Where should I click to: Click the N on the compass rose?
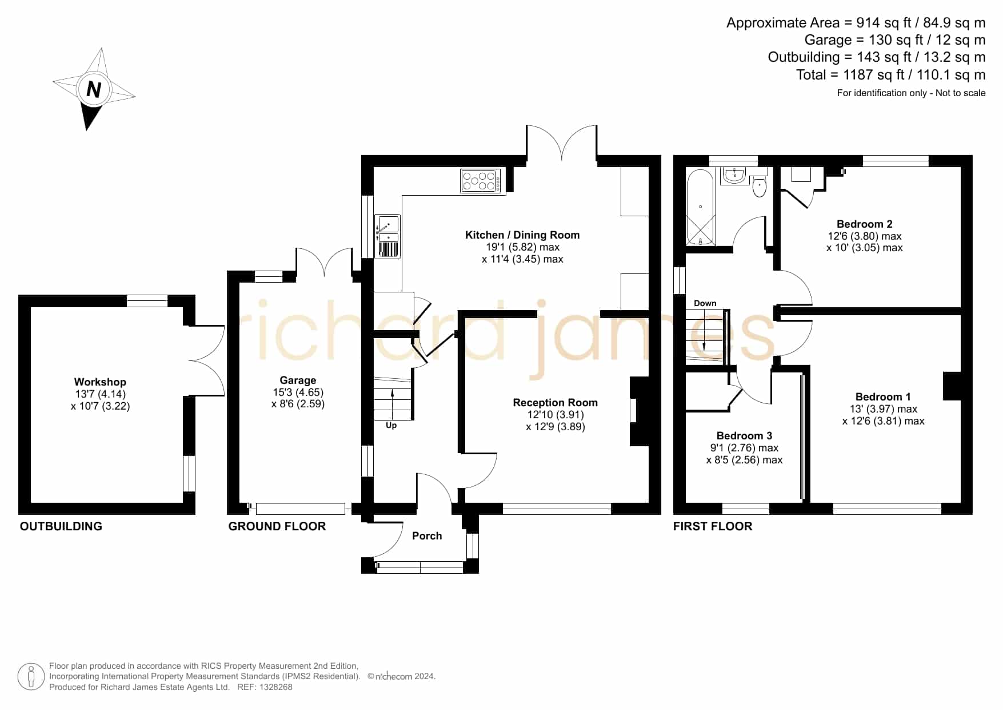[x=94, y=89]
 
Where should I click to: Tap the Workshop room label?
[x=100, y=382]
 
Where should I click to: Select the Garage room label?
[x=298, y=380]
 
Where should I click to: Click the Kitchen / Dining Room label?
[x=522, y=235]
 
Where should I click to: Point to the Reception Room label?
[x=555, y=402]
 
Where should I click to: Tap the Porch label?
[x=427, y=536]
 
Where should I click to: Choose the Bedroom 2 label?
[x=864, y=224]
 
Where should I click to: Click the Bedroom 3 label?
[x=744, y=435]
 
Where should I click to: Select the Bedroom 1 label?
[x=883, y=396]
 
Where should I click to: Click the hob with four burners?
[x=480, y=181]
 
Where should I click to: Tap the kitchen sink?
[x=387, y=236]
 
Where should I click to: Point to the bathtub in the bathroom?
[x=700, y=207]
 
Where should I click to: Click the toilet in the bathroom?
[x=759, y=186]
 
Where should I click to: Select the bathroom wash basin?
[x=733, y=176]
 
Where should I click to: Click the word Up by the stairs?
[x=391, y=426]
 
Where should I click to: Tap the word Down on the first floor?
[x=705, y=303]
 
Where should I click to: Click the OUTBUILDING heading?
[x=61, y=526]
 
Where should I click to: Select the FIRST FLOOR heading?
[x=713, y=526]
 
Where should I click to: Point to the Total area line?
[x=891, y=75]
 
